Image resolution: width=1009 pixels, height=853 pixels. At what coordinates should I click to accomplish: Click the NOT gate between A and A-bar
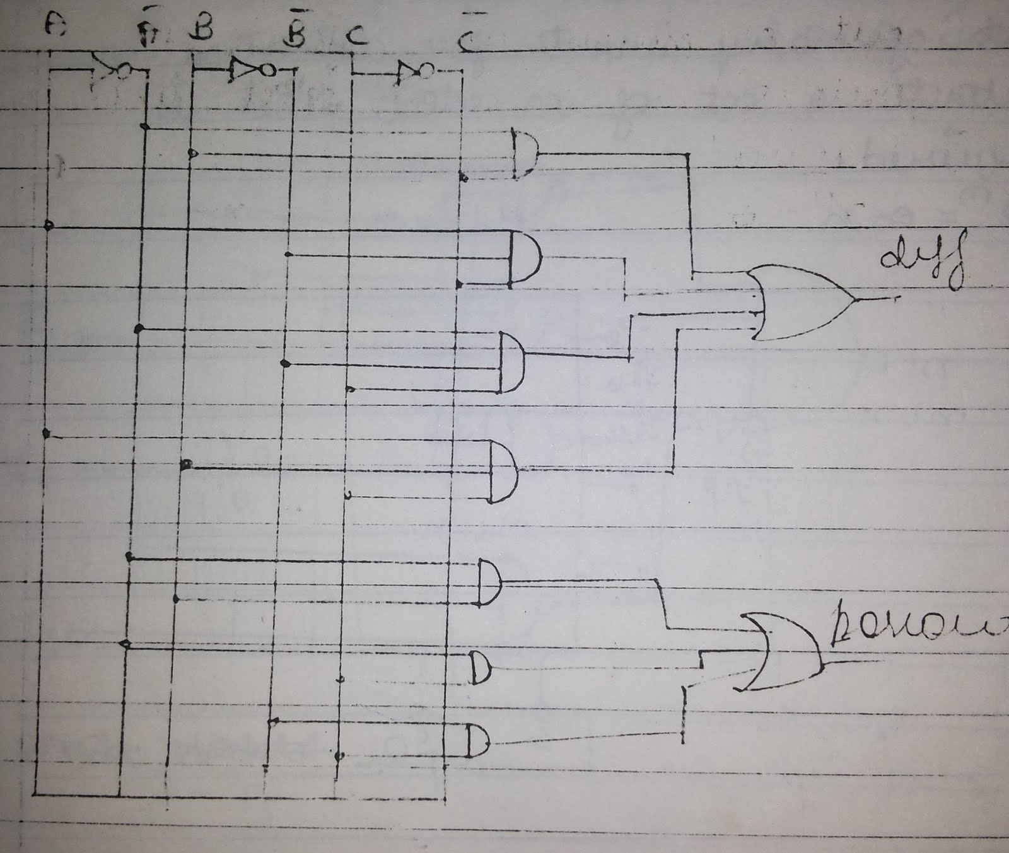coord(114,68)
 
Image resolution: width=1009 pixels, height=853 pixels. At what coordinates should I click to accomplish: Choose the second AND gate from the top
coord(525,259)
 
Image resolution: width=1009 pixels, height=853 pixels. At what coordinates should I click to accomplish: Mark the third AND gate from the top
coord(512,363)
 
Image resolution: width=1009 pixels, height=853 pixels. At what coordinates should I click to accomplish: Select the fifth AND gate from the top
coord(489,582)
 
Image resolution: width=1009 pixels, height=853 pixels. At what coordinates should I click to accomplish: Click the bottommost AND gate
coord(477,741)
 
